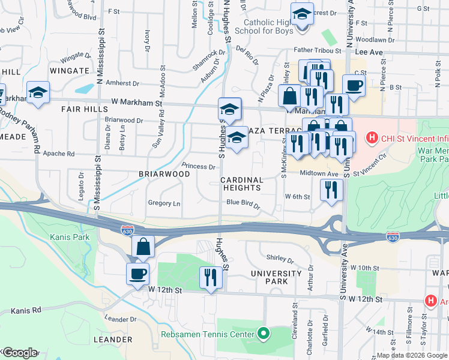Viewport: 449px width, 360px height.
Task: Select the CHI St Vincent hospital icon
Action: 372,139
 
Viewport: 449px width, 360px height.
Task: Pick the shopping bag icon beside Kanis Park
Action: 143,246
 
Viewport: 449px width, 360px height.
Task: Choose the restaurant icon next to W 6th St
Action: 331,189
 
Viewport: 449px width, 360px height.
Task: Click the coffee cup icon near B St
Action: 354,85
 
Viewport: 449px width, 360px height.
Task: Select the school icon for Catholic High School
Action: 302,14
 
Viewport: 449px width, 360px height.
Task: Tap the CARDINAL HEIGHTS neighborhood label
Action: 241,184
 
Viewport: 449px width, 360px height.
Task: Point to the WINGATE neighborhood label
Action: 70,71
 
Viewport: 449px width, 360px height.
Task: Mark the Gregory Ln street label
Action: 164,203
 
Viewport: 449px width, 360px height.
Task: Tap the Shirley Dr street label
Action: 280,260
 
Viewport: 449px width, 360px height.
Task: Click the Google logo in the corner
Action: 19,353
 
